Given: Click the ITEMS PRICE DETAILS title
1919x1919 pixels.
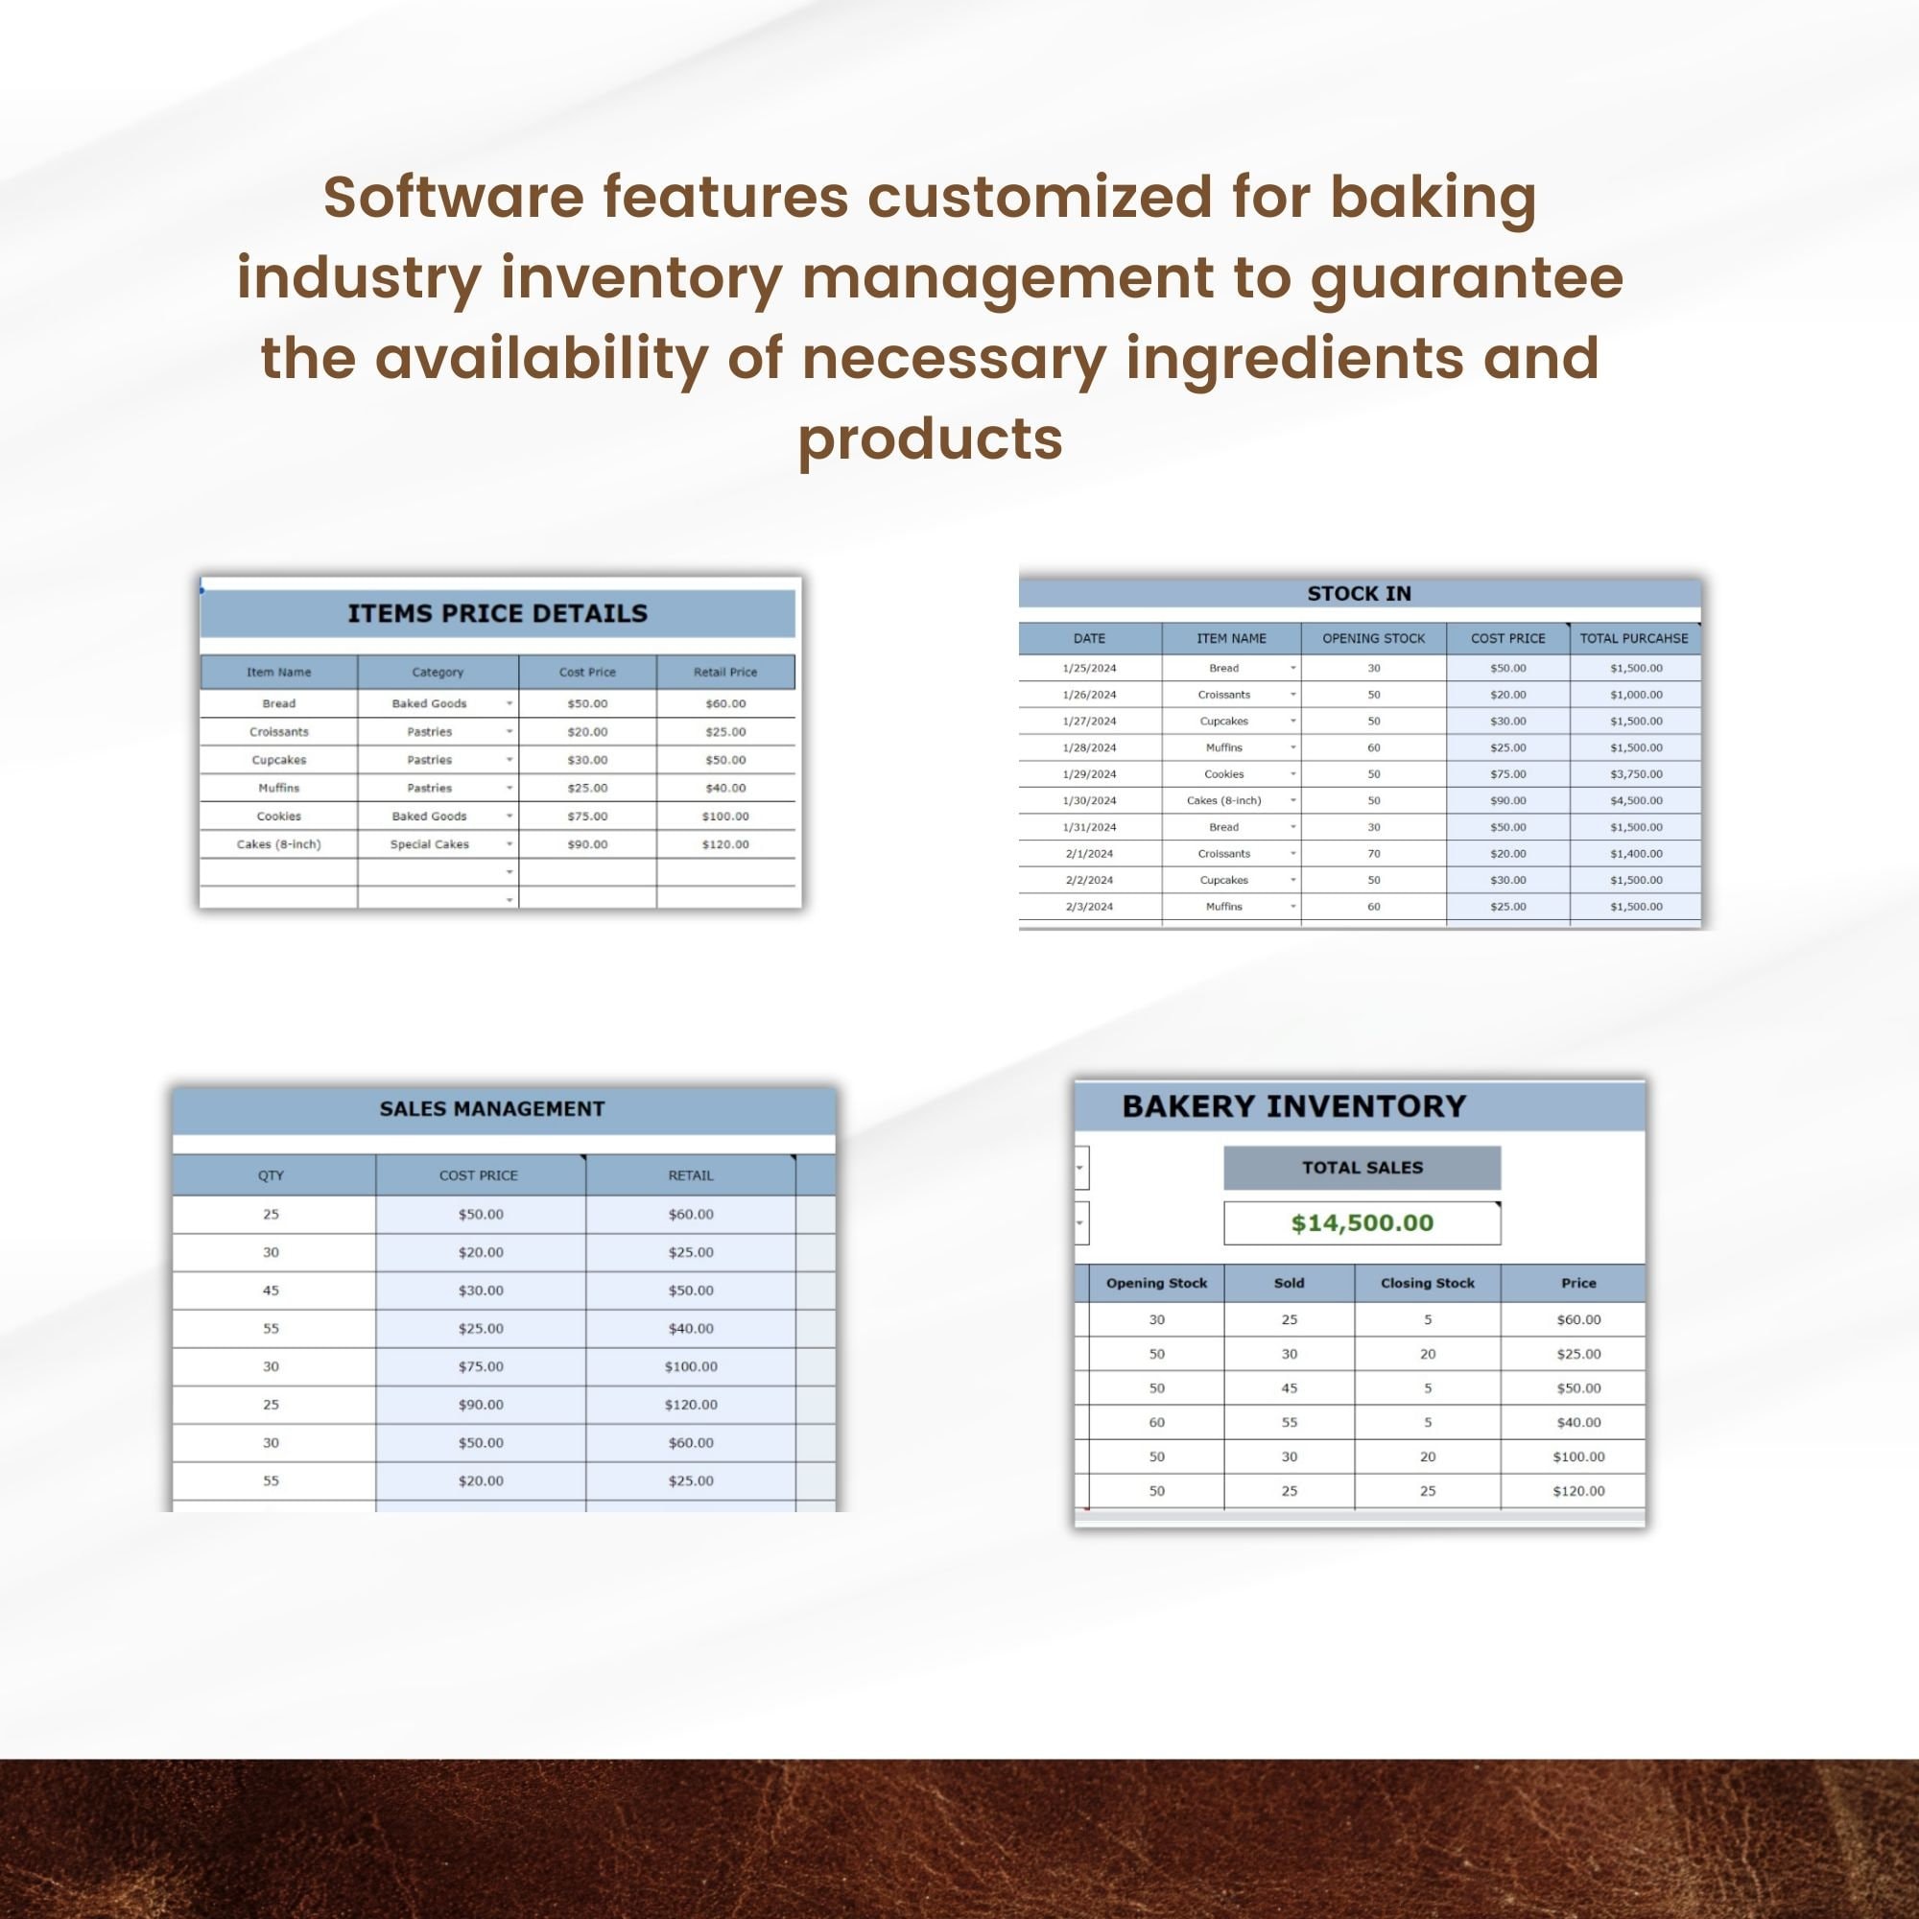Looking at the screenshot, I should [497, 613].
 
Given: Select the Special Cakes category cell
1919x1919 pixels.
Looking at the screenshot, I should [429, 844].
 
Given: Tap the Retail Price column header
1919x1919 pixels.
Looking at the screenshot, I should [725, 673].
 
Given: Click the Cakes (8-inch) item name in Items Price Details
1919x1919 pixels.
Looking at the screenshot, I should [278, 844].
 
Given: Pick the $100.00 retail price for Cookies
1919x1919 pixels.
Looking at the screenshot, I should [725, 817].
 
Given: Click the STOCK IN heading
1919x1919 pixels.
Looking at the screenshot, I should [1359, 594].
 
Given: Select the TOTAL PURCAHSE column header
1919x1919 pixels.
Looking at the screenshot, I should [1634, 639].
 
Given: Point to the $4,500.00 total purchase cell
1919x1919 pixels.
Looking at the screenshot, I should [1636, 800].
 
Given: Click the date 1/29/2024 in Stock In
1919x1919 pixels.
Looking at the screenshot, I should [1089, 773].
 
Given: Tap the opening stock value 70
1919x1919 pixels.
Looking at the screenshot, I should [1374, 853].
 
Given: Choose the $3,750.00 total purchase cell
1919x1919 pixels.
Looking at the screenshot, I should [1636, 773].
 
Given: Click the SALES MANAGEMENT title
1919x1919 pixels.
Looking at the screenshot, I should [491, 1108].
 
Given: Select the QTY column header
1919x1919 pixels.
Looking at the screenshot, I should [272, 1175].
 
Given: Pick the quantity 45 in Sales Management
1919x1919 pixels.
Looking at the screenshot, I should [272, 1291].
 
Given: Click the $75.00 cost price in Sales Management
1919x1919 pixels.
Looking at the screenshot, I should [481, 1366].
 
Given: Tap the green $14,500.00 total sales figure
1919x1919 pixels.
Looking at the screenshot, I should [1362, 1222].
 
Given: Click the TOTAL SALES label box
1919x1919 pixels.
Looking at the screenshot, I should [1362, 1168].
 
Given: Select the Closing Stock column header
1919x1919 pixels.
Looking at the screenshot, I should [1428, 1283].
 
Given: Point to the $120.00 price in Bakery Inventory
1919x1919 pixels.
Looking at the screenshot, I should [1578, 1491].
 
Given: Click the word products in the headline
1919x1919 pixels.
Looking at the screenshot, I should [931, 438].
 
